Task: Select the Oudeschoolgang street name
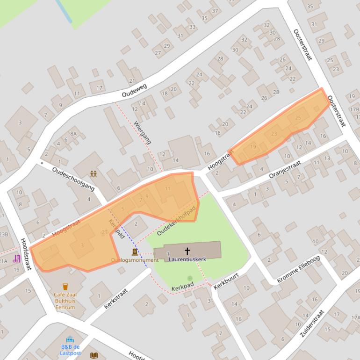coord(73,179)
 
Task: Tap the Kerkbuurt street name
coord(226,280)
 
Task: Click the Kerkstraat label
coord(116,298)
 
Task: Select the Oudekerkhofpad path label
coord(176,220)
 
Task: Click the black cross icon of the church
coord(187,251)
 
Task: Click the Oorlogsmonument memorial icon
coord(135,252)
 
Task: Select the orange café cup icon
coord(65,286)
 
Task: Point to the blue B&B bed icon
coord(70,339)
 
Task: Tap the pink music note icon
coord(17,259)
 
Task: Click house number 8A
coord(73,134)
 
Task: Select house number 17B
coord(354,109)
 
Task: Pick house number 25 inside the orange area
coord(298,117)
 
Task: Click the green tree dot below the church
coord(190,278)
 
